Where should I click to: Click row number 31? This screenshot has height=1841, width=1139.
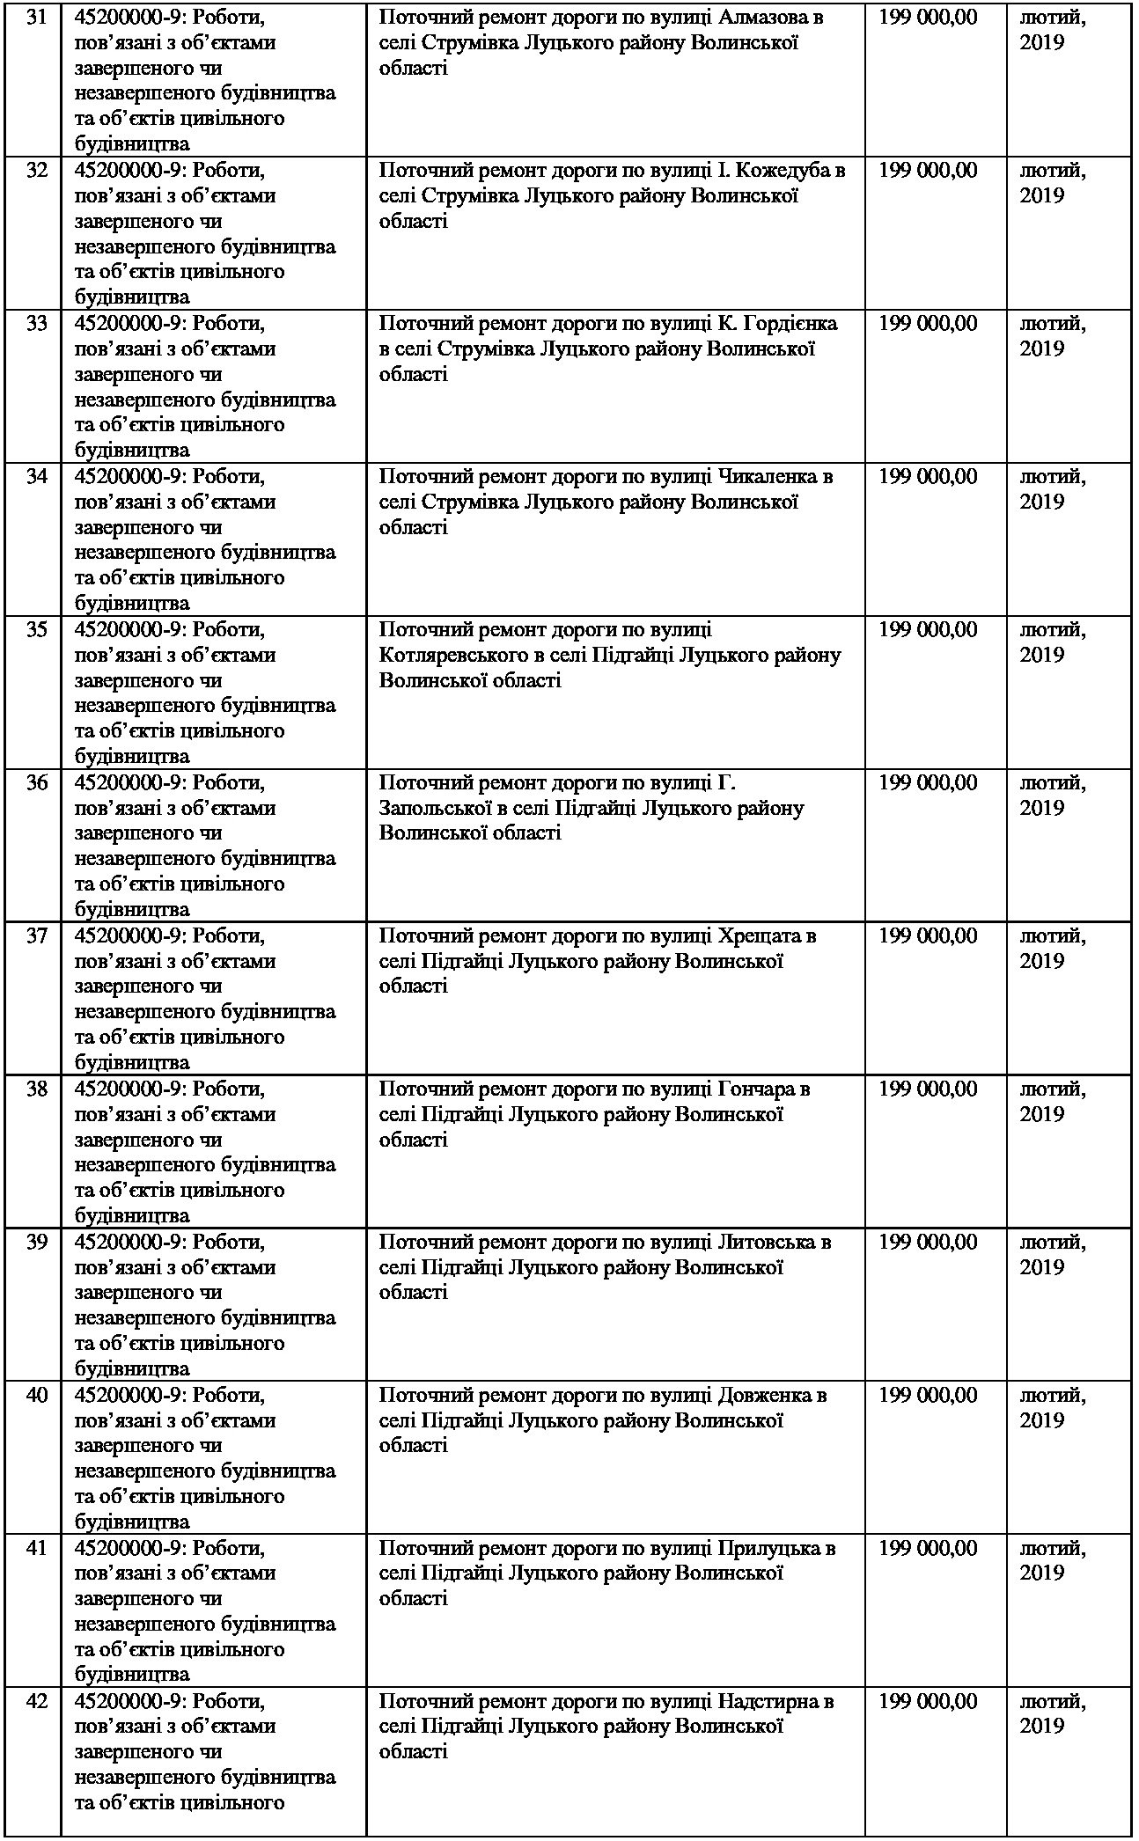(37, 18)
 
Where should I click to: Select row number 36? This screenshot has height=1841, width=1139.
(37, 782)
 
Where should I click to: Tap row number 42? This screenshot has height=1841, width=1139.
(37, 1701)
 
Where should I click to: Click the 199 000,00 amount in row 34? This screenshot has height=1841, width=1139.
(928, 477)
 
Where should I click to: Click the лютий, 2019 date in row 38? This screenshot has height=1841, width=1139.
(1053, 1102)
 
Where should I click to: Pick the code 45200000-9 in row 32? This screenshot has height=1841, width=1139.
(129, 171)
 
